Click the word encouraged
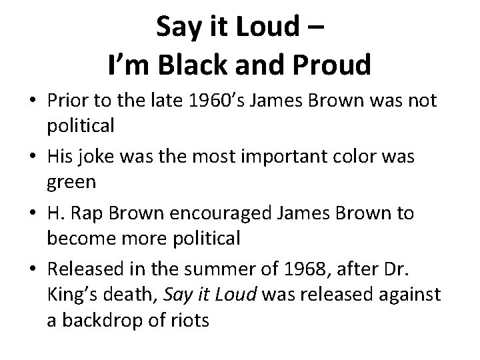pos(219,213)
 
